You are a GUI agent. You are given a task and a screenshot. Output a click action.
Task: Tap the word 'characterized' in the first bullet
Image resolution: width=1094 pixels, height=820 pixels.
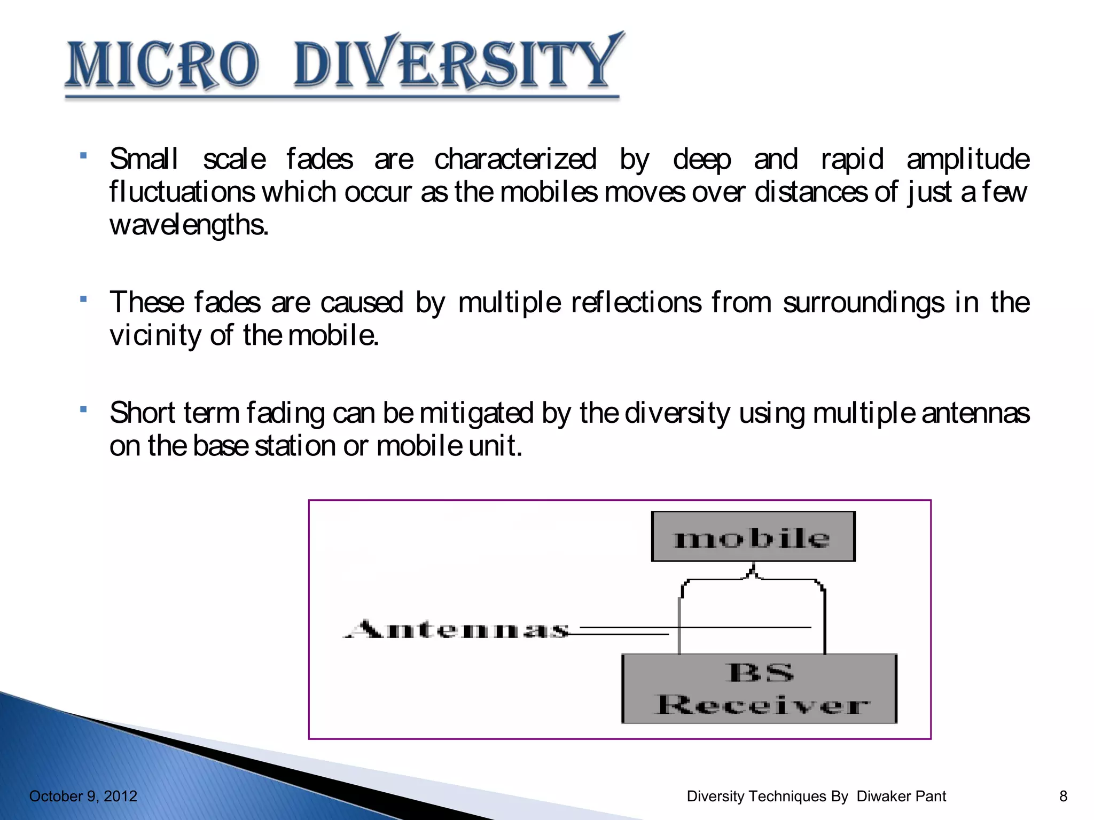click(515, 159)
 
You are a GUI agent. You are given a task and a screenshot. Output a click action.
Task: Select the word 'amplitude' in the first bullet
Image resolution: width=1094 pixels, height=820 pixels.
click(968, 159)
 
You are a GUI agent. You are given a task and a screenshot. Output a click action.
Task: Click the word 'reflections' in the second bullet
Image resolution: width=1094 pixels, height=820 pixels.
click(636, 302)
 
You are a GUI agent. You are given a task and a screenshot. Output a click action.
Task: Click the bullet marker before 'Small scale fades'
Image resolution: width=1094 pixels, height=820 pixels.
click(83, 156)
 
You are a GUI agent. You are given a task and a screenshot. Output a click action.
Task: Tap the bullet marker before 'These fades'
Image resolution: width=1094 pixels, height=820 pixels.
click(83, 299)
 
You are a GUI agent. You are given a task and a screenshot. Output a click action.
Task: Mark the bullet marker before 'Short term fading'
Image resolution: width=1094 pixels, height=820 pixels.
click(83, 410)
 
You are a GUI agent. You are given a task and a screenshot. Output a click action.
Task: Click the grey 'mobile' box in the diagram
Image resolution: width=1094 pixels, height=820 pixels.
click(753, 537)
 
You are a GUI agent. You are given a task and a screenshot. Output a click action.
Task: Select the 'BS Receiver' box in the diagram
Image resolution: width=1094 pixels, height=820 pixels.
click(759, 689)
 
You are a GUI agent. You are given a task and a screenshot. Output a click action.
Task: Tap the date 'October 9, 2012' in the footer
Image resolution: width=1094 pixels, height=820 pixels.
click(83, 797)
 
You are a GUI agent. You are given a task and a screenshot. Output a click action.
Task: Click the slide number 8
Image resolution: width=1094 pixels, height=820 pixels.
click(1063, 797)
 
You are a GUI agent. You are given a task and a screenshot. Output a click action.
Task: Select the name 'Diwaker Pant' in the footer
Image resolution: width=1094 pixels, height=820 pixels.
click(901, 797)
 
